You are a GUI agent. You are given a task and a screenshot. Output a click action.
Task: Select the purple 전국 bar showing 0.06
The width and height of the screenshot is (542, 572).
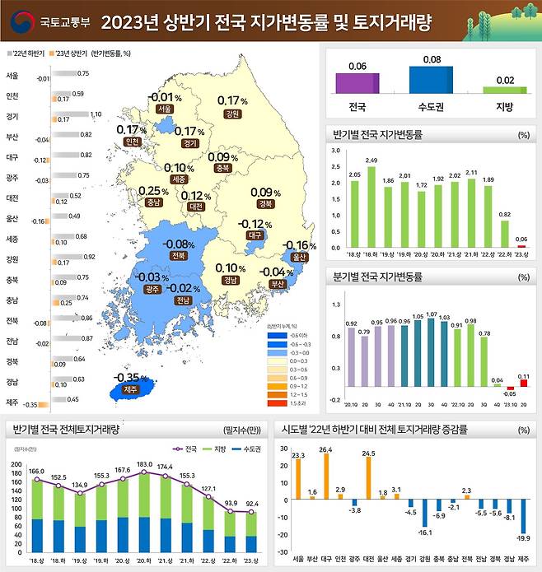click(357, 84)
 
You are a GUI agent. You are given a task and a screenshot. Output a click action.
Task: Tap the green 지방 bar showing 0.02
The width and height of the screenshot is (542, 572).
click(506, 89)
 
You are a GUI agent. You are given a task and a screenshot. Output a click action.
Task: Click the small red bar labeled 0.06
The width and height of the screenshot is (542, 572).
click(521, 246)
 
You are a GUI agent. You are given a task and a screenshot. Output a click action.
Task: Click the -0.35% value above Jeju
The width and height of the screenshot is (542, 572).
click(127, 378)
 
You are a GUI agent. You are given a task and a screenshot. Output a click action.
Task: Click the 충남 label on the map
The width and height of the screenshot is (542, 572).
click(152, 202)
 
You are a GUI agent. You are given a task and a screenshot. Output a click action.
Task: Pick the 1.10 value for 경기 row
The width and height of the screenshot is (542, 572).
click(96, 114)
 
